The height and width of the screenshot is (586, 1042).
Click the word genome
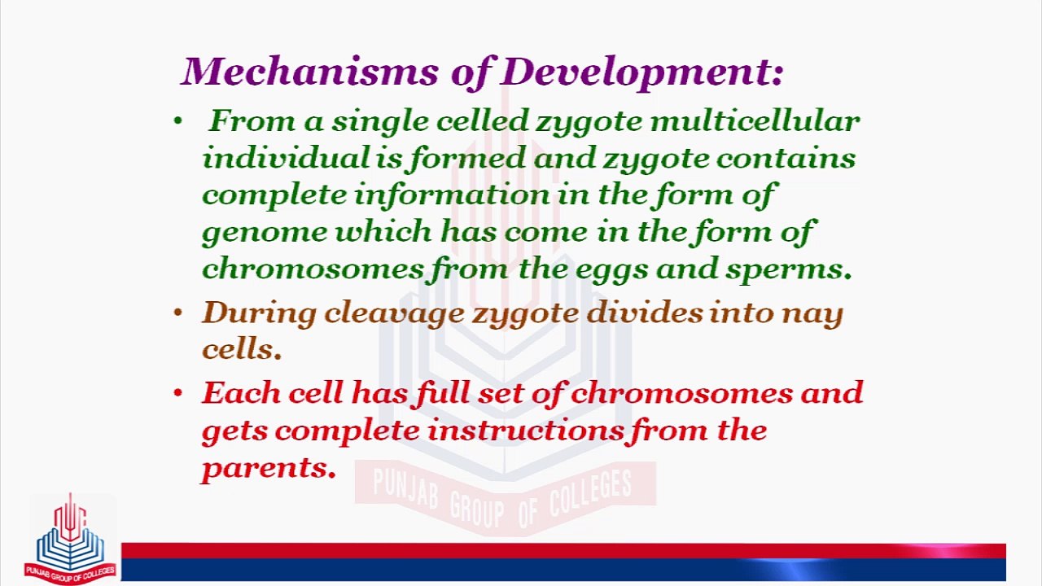pos(265,232)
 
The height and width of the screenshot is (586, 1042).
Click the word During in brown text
pos(258,313)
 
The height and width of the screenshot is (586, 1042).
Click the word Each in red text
pos(234,393)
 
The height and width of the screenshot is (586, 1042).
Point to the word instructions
pos(526,430)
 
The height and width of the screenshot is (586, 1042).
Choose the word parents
pos(268,468)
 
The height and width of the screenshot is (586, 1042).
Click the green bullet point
pos(178,122)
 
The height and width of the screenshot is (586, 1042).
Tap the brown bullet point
pos(178,313)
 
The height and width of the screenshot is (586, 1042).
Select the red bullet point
pos(178,394)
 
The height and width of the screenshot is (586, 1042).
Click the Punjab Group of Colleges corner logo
pos(70,539)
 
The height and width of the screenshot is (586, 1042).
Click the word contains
pos(786,158)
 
